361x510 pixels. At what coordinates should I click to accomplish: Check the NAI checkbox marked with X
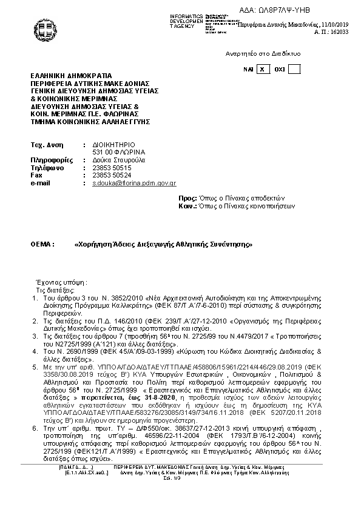click(x=262, y=70)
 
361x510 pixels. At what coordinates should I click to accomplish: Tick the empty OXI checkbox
click(x=294, y=70)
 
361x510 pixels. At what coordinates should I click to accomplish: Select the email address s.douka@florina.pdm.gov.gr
click(x=134, y=182)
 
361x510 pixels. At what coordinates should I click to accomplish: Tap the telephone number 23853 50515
click(x=112, y=167)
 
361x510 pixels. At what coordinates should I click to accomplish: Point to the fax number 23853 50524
click(x=112, y=174)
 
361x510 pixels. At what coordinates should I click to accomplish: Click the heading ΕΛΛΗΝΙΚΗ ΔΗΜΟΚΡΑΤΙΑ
click(x=72, y=76)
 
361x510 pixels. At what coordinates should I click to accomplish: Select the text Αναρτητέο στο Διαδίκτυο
click(x=263, y=54)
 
